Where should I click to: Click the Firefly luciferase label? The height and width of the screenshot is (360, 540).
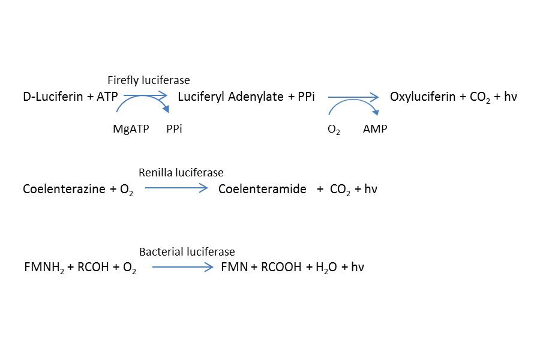[148, 80]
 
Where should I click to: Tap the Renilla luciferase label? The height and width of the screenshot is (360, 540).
[181, 173]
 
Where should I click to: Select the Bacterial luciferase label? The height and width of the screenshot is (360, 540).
[187, 252]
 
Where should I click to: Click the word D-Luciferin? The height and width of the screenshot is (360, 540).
[53, 97]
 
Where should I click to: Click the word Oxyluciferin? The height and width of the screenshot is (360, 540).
[422, 97]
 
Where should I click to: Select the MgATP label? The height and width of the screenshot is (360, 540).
[131, 129]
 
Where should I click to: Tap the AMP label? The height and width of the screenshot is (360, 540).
[375, 129]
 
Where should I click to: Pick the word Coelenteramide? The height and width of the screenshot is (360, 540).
[262, 190]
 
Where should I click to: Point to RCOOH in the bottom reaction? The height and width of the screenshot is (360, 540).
[281, 268]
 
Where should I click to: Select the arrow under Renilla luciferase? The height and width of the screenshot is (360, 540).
[176, 188]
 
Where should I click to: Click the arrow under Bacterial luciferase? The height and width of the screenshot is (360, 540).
[182, 267]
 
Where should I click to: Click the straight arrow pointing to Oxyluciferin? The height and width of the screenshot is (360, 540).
[353, 97]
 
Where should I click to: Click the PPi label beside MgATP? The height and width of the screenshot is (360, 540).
[174, 129]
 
